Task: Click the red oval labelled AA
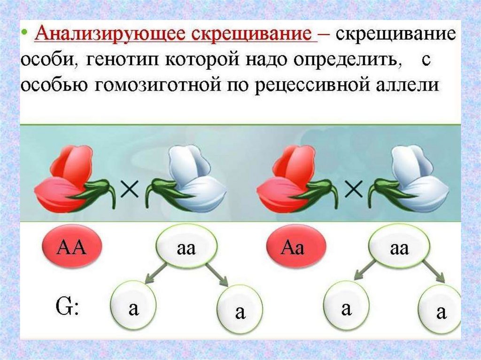72,246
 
